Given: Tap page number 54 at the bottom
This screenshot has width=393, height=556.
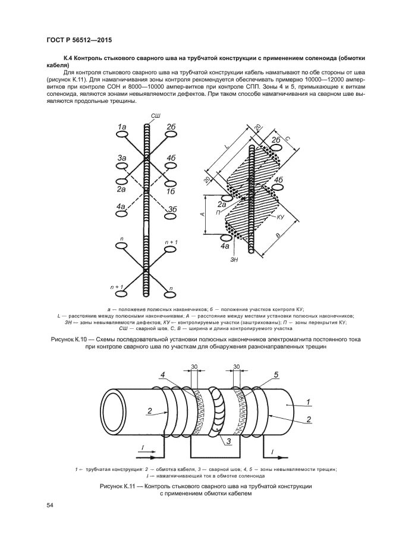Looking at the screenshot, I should click(x=51, y=505).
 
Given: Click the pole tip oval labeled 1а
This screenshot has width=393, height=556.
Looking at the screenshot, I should click(x=122, y=136).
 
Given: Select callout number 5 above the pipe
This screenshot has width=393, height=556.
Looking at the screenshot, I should click(x=276, y=375).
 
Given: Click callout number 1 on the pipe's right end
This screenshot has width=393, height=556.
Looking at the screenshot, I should click(x=309, y=403).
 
